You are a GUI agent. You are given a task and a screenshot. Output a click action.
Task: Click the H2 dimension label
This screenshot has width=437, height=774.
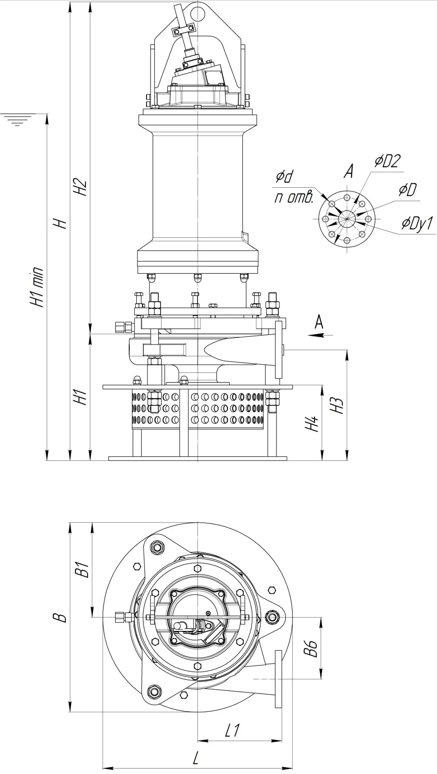tap(80, 187)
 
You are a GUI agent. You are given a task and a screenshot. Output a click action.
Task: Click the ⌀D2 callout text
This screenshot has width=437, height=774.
tap(387, 162)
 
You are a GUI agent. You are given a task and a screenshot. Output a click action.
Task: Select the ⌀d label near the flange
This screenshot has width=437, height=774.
tap(284, 177)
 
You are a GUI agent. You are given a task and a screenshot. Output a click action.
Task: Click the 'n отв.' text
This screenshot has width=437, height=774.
tap(294, 198)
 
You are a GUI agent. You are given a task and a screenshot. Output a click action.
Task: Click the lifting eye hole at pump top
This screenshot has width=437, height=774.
tap(197, 12)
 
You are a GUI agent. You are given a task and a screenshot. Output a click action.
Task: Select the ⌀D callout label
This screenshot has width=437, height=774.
tap(408, 190)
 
